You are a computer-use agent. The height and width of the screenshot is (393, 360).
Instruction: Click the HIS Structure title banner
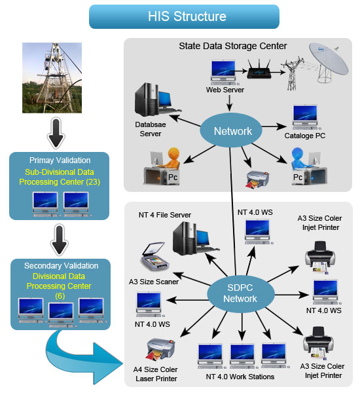pyautogui.click(x=184, y=16)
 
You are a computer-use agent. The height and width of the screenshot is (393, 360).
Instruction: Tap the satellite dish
pyautogui.click(x=328, y=62)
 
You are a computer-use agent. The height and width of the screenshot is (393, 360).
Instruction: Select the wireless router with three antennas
pyautogui.click(x=259, y=69)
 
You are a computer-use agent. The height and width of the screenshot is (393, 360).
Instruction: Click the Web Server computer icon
pyautogui.click(x=223, y=73)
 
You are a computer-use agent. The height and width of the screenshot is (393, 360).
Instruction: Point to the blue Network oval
pyautogui.click(x=231, y=130)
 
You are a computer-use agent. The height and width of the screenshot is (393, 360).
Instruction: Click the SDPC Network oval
pyautogui.click(x=240, y=293)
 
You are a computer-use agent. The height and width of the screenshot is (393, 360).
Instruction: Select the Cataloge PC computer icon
pyautogui.click(x=305, y=117)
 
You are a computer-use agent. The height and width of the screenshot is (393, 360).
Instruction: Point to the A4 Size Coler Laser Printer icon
pyautogui.click(x=161, y=349)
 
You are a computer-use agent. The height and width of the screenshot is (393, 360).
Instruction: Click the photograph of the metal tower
pyautogui.click(x=52, y=78)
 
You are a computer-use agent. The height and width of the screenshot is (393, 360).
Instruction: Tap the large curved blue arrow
pyautogui.click(x=82, y=358)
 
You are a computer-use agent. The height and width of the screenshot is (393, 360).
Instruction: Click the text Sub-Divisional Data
pyautogui.click(x=60, y=172)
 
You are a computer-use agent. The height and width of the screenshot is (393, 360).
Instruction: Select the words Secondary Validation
pyautogui.click(x=61, y=266)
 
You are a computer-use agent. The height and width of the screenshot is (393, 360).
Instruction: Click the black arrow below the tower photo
pyautogui.click(x=56, y=133)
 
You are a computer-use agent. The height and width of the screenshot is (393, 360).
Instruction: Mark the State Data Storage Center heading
pyautogui.click(x=233, y=46)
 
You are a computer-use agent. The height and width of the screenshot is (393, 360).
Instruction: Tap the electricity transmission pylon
pyautogui.click(x=293, y=73)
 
